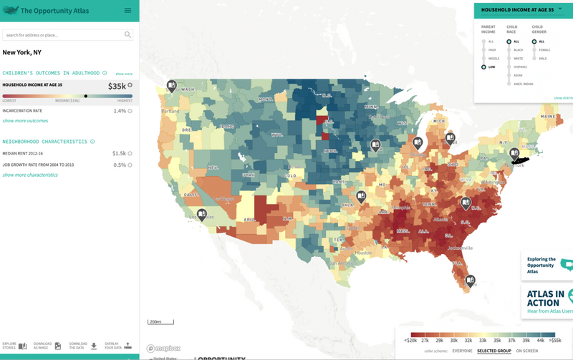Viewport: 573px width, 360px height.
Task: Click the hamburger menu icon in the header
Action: click(x=127, y=10)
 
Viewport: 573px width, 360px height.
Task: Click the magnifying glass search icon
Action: click(x=127, y=34)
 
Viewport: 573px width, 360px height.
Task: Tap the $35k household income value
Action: click(x=117, y=86)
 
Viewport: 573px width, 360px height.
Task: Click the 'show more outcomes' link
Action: click(x=25, y=121)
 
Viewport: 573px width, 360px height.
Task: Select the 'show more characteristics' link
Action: click(x=30, y=175)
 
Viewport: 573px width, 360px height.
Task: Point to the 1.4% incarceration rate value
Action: click(x=120, y=111)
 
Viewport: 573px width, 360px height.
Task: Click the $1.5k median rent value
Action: click(x=119, y=153)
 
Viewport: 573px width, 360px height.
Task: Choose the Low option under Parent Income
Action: click(x=484, y=67)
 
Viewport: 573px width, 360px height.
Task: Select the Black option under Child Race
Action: click(x=509, y=50)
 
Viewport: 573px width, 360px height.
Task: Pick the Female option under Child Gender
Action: click(x=534, y=50)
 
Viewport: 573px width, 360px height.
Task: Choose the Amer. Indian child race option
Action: click(x=509, y=84)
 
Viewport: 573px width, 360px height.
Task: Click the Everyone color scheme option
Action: click(x=462, y=351)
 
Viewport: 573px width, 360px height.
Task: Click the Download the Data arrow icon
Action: click(x=94, y=346)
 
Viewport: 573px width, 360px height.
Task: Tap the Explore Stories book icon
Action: click(x=22, y=346)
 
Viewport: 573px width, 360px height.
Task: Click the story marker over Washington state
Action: click(x=172, y=86)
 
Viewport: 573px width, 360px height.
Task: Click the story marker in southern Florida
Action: click(x=470, y=281)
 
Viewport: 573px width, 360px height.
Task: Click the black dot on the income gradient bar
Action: click(x=86, y=96)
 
